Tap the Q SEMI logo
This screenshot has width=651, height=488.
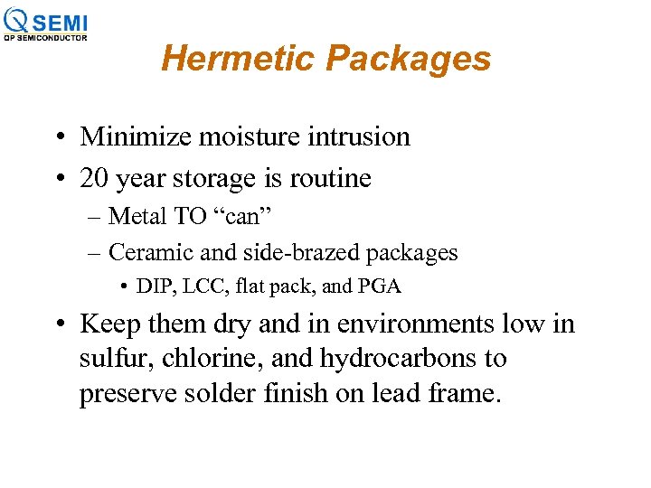pyautogui.click(x=46, y=21)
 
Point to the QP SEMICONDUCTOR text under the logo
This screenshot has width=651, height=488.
pyautogui.click(x=46, y=38)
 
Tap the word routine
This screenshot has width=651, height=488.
pyautogui.click(x=330, y=178)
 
